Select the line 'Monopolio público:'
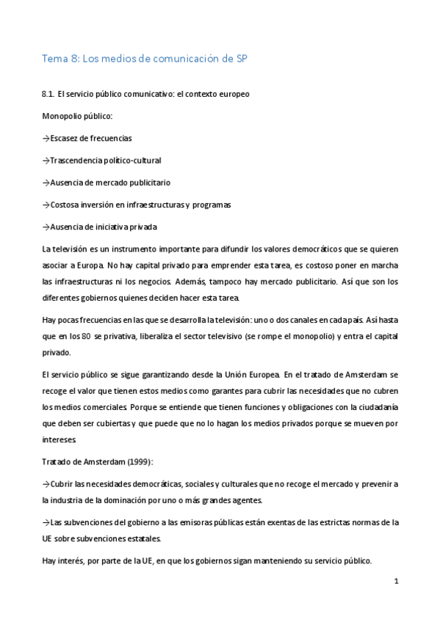pyautogui.click(x=77, y=117)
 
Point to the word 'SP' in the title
pyautogui.click(x=242, y=61)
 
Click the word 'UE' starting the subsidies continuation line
pyautogui.click(x=48, y=538)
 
